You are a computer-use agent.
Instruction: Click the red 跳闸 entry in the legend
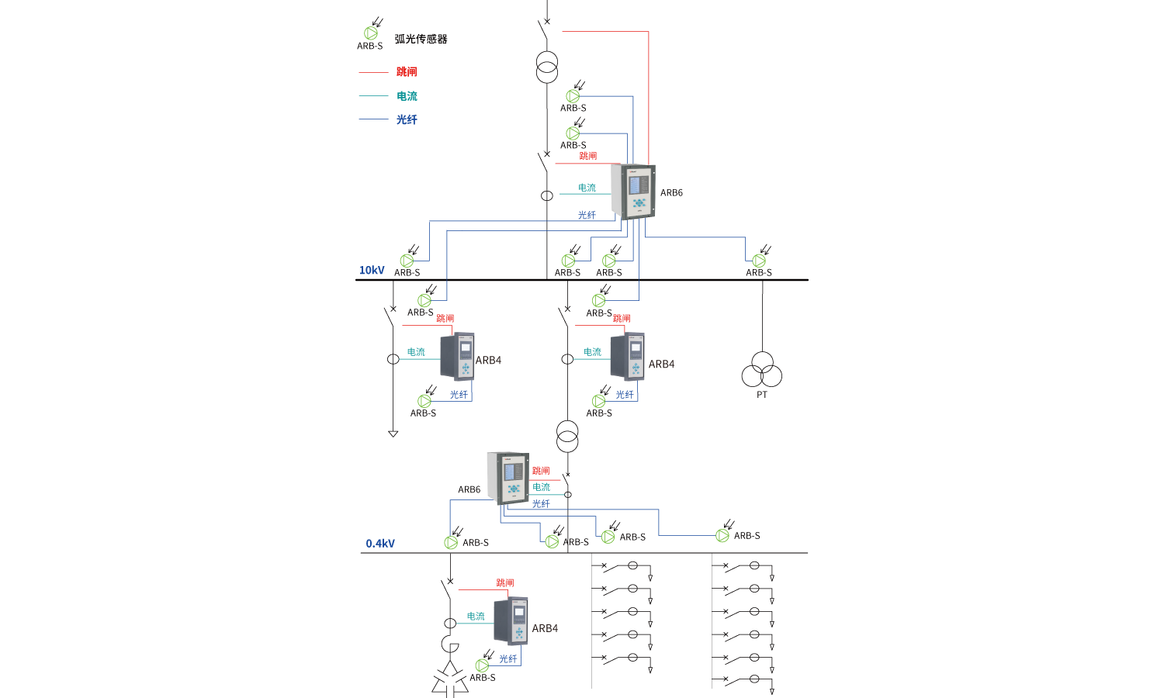(407, 72)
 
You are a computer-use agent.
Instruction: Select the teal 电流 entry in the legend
(407, 96)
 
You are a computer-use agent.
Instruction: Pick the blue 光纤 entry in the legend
(407, 119)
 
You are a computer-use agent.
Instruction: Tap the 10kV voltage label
(372, 271)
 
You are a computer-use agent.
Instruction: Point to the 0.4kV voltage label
(380, 544)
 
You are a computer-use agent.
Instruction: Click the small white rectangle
(480, 575)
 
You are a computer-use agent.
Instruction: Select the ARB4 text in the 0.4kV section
(545, 628)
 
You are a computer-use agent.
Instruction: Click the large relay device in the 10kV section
(633, 192)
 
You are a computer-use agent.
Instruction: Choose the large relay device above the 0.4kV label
(508, 477)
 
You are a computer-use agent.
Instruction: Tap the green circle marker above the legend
(371, 33)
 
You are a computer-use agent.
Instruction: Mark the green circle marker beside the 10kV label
(407, 261)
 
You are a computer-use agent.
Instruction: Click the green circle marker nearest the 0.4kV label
(451, 543)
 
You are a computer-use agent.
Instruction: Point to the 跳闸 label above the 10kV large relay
(588, 156)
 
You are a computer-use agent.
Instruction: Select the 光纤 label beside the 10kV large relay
(587, 215)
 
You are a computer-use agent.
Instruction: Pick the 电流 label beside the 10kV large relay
(587, 188)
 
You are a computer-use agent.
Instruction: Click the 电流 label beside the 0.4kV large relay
(542, 487)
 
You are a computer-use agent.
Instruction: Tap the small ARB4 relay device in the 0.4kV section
(511, 620)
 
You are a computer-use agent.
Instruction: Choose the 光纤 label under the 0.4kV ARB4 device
(508, 658)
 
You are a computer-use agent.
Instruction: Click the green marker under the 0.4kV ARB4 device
(482, 665)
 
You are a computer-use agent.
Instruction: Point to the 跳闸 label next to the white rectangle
(505, 582)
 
